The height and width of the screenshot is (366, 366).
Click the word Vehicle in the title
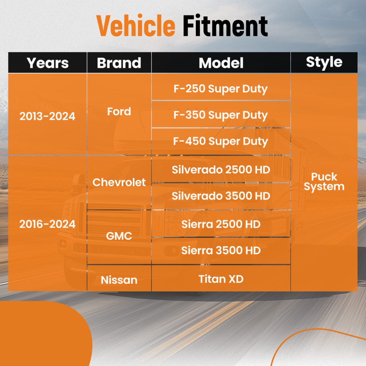(x=136, y=25)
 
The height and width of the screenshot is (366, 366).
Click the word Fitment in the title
(x=225, y=25)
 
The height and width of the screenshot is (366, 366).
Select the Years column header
(x=48, y=63)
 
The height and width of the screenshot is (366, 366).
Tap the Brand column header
(x=119, y=63)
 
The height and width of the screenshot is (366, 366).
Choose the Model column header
(x=221, y=63)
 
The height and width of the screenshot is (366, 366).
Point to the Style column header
(x=324, y=62)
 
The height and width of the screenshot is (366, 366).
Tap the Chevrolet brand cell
(x=119, y=182)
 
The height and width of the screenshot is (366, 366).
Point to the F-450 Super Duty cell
(x=221, y=142)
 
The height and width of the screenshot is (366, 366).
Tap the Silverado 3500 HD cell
(x=221, y=196)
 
